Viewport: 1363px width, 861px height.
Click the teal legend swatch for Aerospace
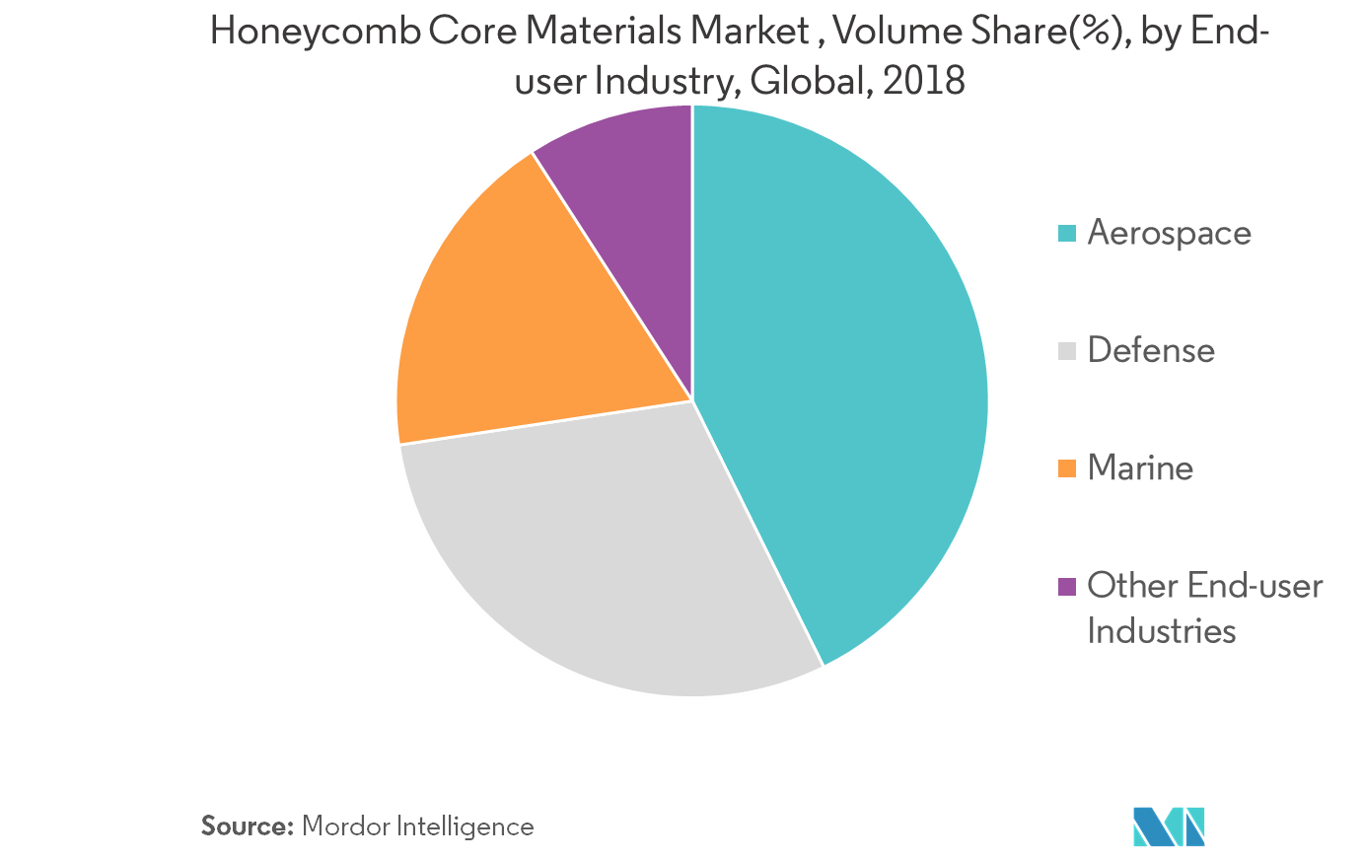pos(1066,234)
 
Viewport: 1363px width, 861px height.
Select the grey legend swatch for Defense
pos(1066,351)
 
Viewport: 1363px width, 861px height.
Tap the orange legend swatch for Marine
pos(1066,468)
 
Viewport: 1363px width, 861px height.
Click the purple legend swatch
pos(1066,586)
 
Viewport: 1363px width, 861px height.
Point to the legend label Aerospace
pos(1169,234)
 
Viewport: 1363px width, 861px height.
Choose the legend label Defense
pos(1151,351)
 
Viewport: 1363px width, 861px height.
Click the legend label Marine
pos(1140,468)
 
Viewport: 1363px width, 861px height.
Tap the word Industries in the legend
pos(1161,630)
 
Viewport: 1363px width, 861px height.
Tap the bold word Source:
pos(248,826)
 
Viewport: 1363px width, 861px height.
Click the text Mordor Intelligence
pos(417,826)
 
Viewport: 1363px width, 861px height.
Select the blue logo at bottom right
pos(1169,826)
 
